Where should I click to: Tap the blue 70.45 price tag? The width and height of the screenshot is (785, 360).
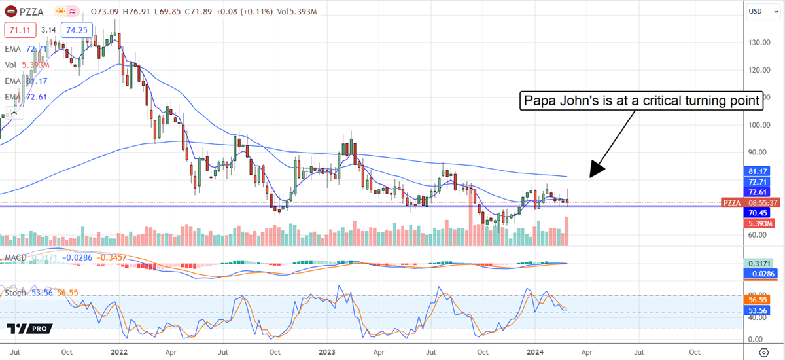tap(759, 213)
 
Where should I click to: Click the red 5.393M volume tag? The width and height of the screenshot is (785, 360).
tap(761, 223)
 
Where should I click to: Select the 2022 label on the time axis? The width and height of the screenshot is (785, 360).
tap(120, 351)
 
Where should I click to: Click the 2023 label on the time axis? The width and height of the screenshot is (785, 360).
tap(326, 351)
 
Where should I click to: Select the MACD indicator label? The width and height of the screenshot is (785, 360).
tap(14, 257)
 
